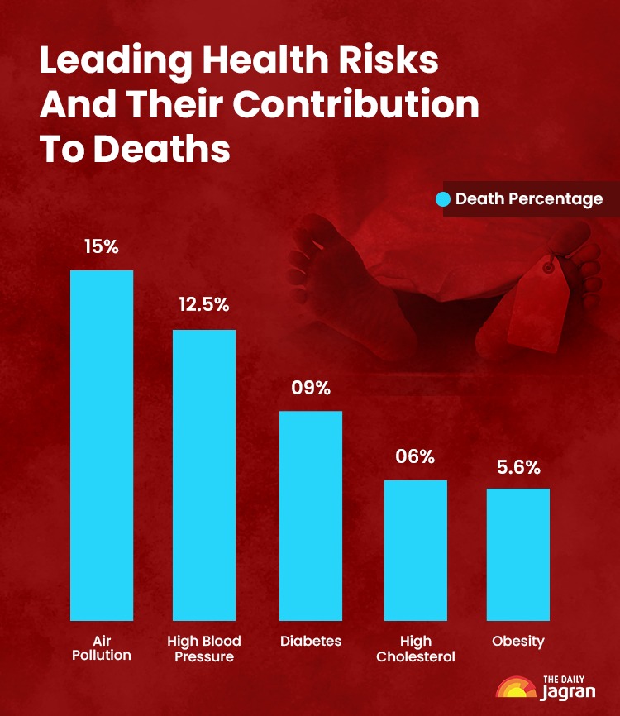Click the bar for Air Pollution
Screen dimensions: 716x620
(x=102, y=445)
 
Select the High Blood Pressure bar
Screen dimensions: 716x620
(x=204, y=475)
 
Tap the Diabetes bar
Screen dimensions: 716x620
(x=311, y=515)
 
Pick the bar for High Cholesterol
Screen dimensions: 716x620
(x=415, y=550)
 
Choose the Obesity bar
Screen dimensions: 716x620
(x=518, y=554)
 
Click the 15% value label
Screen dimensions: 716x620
(x=102, y=246)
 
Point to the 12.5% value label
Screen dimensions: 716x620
(x=204, y=304)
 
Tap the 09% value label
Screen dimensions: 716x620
(x=311, y=387)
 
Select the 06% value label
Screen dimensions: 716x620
(x=415, y=456)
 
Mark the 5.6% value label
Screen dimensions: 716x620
(x=518, y=467)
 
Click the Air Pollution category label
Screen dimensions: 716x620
(x=102, y=648)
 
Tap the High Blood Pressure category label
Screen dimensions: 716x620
(x=204, y=648)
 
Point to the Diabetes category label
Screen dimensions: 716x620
(x=311, y=642)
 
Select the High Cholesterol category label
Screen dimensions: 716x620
(x=415, y=648)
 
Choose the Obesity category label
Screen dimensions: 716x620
(x=518, y=642)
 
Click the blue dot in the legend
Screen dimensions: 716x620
(x=443, y=199)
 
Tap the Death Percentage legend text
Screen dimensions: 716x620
(x=529, y=199)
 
